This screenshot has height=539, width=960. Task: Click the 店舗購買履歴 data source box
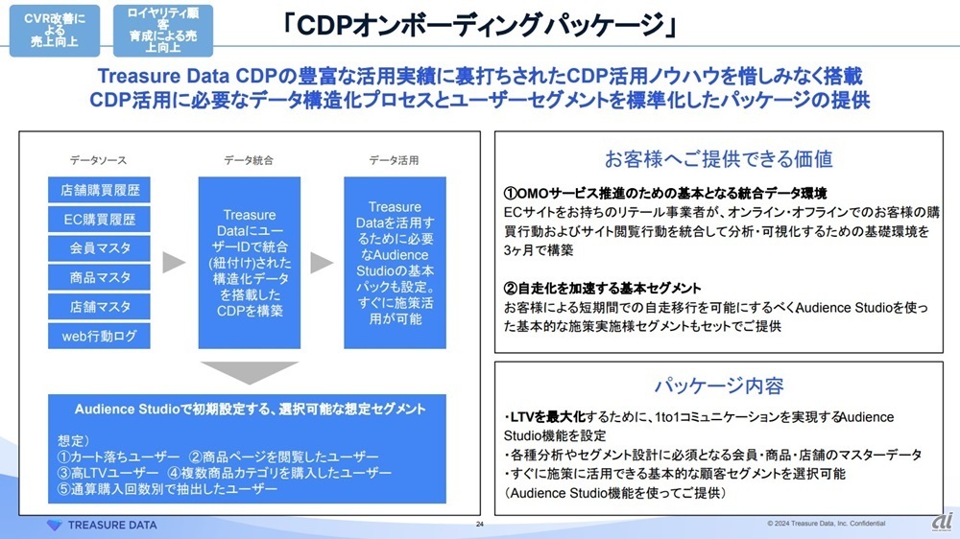pos(99,190)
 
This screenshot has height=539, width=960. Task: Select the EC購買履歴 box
pos(99,219)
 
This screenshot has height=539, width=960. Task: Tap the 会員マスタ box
pos(99,247)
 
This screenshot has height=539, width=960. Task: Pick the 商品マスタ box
pos(99,277)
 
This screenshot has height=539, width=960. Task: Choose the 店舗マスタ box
pos(99,307)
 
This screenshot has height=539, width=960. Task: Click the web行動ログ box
pos(99,336)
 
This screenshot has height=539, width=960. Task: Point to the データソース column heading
pos(98,160)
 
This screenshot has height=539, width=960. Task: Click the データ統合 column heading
pos(249,160)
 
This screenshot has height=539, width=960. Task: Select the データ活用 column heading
pos(395,160)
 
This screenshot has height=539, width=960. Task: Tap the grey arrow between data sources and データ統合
pos(173,263)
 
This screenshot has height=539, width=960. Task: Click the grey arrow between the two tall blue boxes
pos(322,263)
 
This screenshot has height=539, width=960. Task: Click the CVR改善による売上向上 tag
pos(55,31)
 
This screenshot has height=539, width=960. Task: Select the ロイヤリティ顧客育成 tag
pos(163,31)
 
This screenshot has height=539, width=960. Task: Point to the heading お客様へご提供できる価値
pos(719,159)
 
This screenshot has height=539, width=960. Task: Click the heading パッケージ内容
pos(719,386)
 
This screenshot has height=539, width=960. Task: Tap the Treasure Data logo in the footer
pos(103,525)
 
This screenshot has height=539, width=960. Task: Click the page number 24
pos(480,524)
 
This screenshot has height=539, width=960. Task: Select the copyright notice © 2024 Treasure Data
pos(826,523)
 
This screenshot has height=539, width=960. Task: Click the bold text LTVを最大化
pos(548,417)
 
